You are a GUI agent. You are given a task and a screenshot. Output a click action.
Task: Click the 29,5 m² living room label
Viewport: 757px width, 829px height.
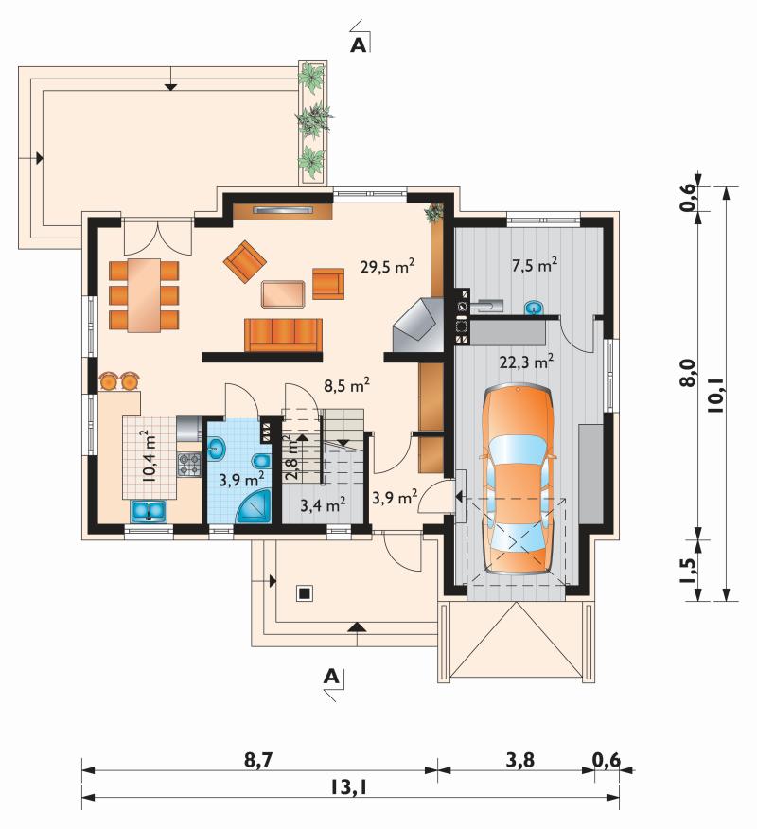coord(387,267)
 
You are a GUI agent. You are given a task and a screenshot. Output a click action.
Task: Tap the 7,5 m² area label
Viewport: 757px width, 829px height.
coord(535,264)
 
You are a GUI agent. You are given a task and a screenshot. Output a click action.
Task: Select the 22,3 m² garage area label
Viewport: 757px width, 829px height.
coord(527,362)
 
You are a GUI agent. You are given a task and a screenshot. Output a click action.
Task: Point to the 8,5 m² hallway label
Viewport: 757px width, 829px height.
coord(346,385)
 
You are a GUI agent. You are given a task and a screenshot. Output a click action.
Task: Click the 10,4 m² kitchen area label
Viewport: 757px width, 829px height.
coord(150,455)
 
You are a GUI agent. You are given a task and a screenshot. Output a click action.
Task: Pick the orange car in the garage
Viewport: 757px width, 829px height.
coord(518,480)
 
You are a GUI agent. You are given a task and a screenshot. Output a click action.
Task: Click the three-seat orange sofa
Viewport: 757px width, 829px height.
coord(283,335)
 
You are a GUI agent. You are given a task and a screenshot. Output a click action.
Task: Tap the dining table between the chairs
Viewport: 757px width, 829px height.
coord(145,295)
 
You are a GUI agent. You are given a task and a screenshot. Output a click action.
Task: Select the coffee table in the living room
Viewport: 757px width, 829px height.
coord(283,294)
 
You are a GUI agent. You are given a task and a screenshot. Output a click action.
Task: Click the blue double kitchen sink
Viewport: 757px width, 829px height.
coord(150,511)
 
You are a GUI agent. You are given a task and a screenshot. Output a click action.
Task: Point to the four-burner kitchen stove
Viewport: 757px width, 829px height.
coord(188,465)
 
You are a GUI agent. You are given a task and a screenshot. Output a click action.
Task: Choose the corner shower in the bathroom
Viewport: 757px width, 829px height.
coord(254,506)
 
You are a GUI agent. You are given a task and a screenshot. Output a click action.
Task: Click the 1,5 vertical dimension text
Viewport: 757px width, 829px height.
coord(688,570)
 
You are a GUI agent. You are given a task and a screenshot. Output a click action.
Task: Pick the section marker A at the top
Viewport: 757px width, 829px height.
coord(358,45)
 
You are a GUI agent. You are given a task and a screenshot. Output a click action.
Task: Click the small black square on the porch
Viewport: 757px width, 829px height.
coord(304,593)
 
